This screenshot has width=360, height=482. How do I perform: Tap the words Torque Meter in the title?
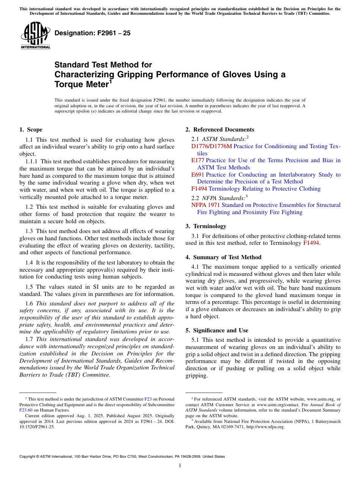(x=81, y=85)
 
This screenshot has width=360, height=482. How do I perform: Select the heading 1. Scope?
(x=31, y=130)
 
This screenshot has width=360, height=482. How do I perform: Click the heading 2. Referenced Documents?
(x=220, y=130)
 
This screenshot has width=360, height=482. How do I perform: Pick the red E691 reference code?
(x=198, y=175)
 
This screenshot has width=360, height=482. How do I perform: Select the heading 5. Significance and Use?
(x=217, y=330)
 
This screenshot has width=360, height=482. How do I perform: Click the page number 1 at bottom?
(x=180, y=466)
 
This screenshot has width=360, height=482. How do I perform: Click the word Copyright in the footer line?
(x=28, y=457)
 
